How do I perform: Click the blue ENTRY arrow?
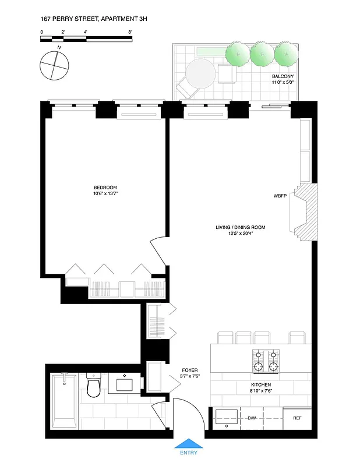(188, 443)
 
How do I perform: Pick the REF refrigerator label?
(297, 418)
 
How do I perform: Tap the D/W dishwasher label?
(252, 418)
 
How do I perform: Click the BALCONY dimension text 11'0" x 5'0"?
(284, 83)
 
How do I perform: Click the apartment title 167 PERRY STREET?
(94, 19)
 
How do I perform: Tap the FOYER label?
(190, 370)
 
